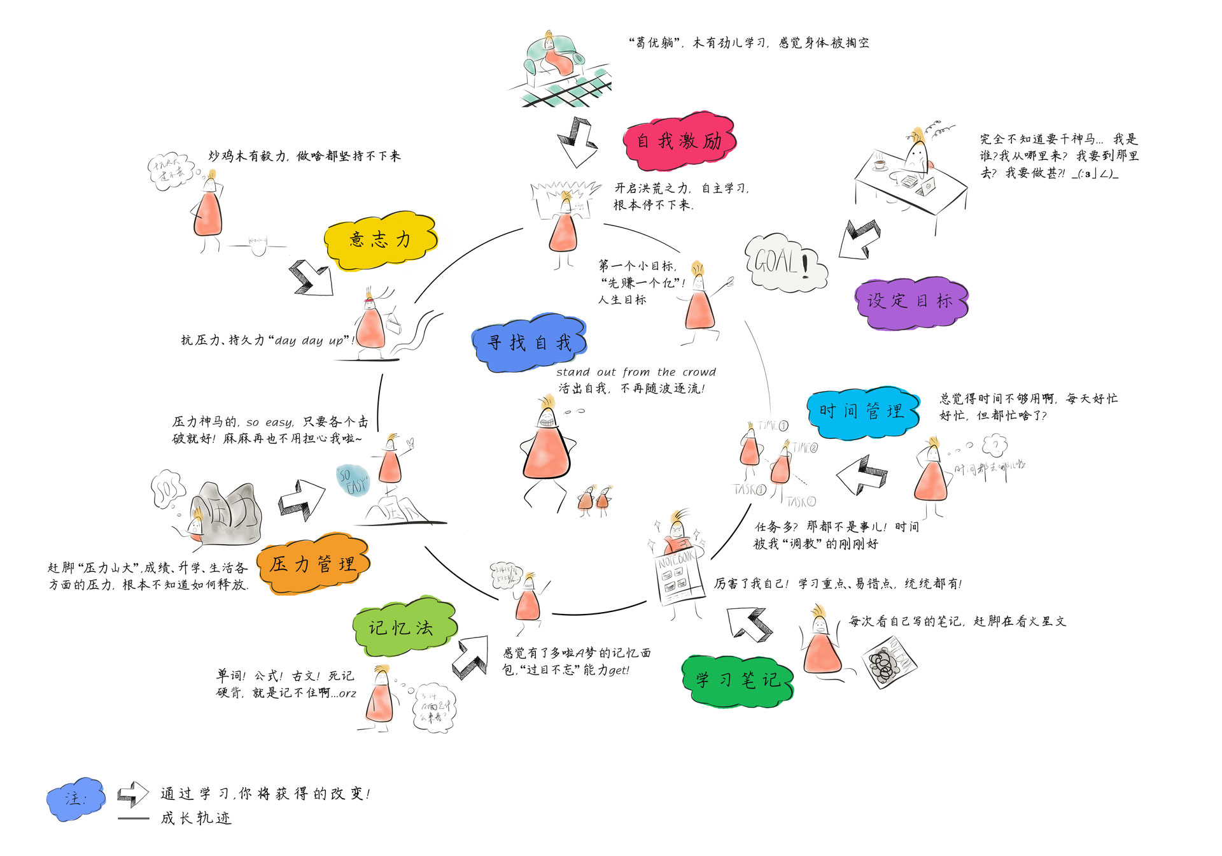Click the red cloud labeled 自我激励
point(679,141)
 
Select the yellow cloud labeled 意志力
point(380,240)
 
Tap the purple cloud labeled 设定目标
point(909,302)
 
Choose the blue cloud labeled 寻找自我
point(529,343)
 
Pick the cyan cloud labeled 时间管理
point(862,412)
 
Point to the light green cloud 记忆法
point(403,627)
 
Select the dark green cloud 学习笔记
point(737,680)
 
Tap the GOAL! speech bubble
point(785,262)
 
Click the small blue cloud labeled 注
point(76,798)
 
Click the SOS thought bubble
point(167,489)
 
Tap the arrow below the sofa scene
point(576,141)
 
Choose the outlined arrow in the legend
point(132,794)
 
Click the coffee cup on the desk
point(880,164)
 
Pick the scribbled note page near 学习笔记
point(890,662)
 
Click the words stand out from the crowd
point(636,372)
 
